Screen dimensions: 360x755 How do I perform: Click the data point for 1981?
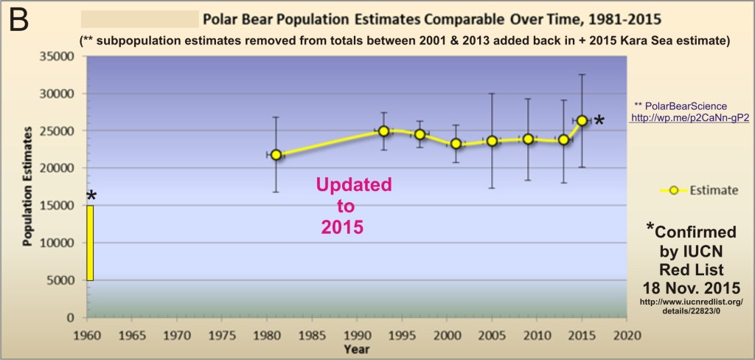click(276, 155)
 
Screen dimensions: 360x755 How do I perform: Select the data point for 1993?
click(383, 131)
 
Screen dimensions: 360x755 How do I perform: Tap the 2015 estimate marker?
click(582, 120)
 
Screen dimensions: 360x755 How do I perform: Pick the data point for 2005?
click(492, 141)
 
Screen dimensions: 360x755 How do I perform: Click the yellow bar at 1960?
click(90, 243)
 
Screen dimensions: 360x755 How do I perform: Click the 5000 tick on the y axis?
click(63, 280)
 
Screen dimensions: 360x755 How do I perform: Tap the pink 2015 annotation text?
click(342, 228)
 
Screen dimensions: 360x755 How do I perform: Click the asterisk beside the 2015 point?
click(600, 121)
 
